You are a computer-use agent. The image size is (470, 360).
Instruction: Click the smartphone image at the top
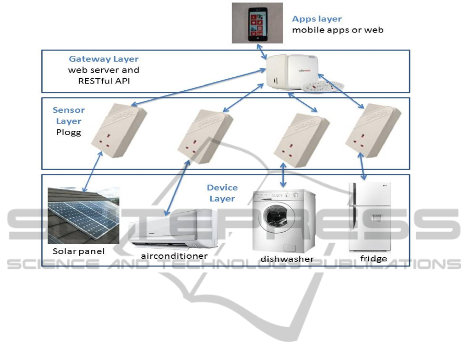(x=257, y=22)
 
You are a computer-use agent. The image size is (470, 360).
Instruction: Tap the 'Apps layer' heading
(x=317, y=19)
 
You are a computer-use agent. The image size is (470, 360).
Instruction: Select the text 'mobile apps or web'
(x=338, y=30)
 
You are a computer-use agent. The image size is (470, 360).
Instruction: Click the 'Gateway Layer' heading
(x=104, y=59)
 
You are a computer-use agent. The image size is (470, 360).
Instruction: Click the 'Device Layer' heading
(x=222, y=193)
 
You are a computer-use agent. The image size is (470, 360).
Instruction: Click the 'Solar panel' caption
(x=79, y=251)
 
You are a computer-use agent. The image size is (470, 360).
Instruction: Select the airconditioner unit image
(x=173, y=229)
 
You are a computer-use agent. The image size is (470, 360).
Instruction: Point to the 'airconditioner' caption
(x=174, y=256)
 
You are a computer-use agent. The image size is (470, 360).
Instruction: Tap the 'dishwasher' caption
(x=287, y=259)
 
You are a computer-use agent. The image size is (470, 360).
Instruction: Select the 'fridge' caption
(x=373, y=258)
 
